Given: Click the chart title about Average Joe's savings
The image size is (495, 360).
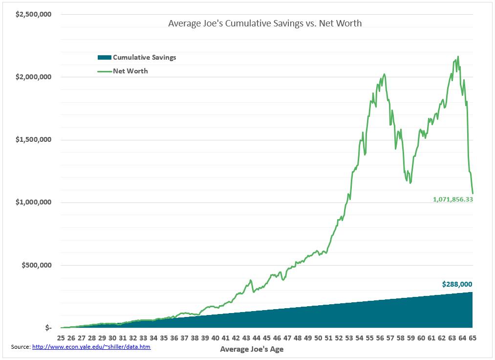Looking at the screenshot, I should coord(265,23).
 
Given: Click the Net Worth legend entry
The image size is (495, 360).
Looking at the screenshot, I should coord(130,71).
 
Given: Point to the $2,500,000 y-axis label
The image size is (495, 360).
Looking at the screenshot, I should coord(34,14).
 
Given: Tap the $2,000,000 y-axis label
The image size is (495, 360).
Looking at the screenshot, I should coord(34,77).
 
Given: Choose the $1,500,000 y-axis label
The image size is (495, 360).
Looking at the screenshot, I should coord(34,139).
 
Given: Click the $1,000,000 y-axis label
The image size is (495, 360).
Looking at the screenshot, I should coord(34,202).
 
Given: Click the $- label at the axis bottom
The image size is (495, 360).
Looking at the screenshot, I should coord(48,328).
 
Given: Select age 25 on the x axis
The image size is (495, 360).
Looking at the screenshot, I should coord(61,338).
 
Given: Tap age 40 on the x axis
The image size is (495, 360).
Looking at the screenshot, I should coord(215,338).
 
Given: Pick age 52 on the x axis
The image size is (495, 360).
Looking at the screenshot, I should coord(338,338).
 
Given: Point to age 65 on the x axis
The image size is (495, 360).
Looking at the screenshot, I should coord(472,338).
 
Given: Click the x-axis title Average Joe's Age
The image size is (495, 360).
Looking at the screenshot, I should coord(252,349).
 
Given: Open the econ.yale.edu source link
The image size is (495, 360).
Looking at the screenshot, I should coord(91,347).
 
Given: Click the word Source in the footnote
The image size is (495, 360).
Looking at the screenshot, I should coord(21,347).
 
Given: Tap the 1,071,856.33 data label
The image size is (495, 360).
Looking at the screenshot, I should coord(453,200).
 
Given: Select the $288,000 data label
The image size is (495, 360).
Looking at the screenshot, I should coord(457,284).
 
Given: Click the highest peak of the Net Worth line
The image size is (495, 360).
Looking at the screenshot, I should coord(458,57).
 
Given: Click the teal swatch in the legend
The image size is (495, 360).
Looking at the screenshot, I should coord(105,57).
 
